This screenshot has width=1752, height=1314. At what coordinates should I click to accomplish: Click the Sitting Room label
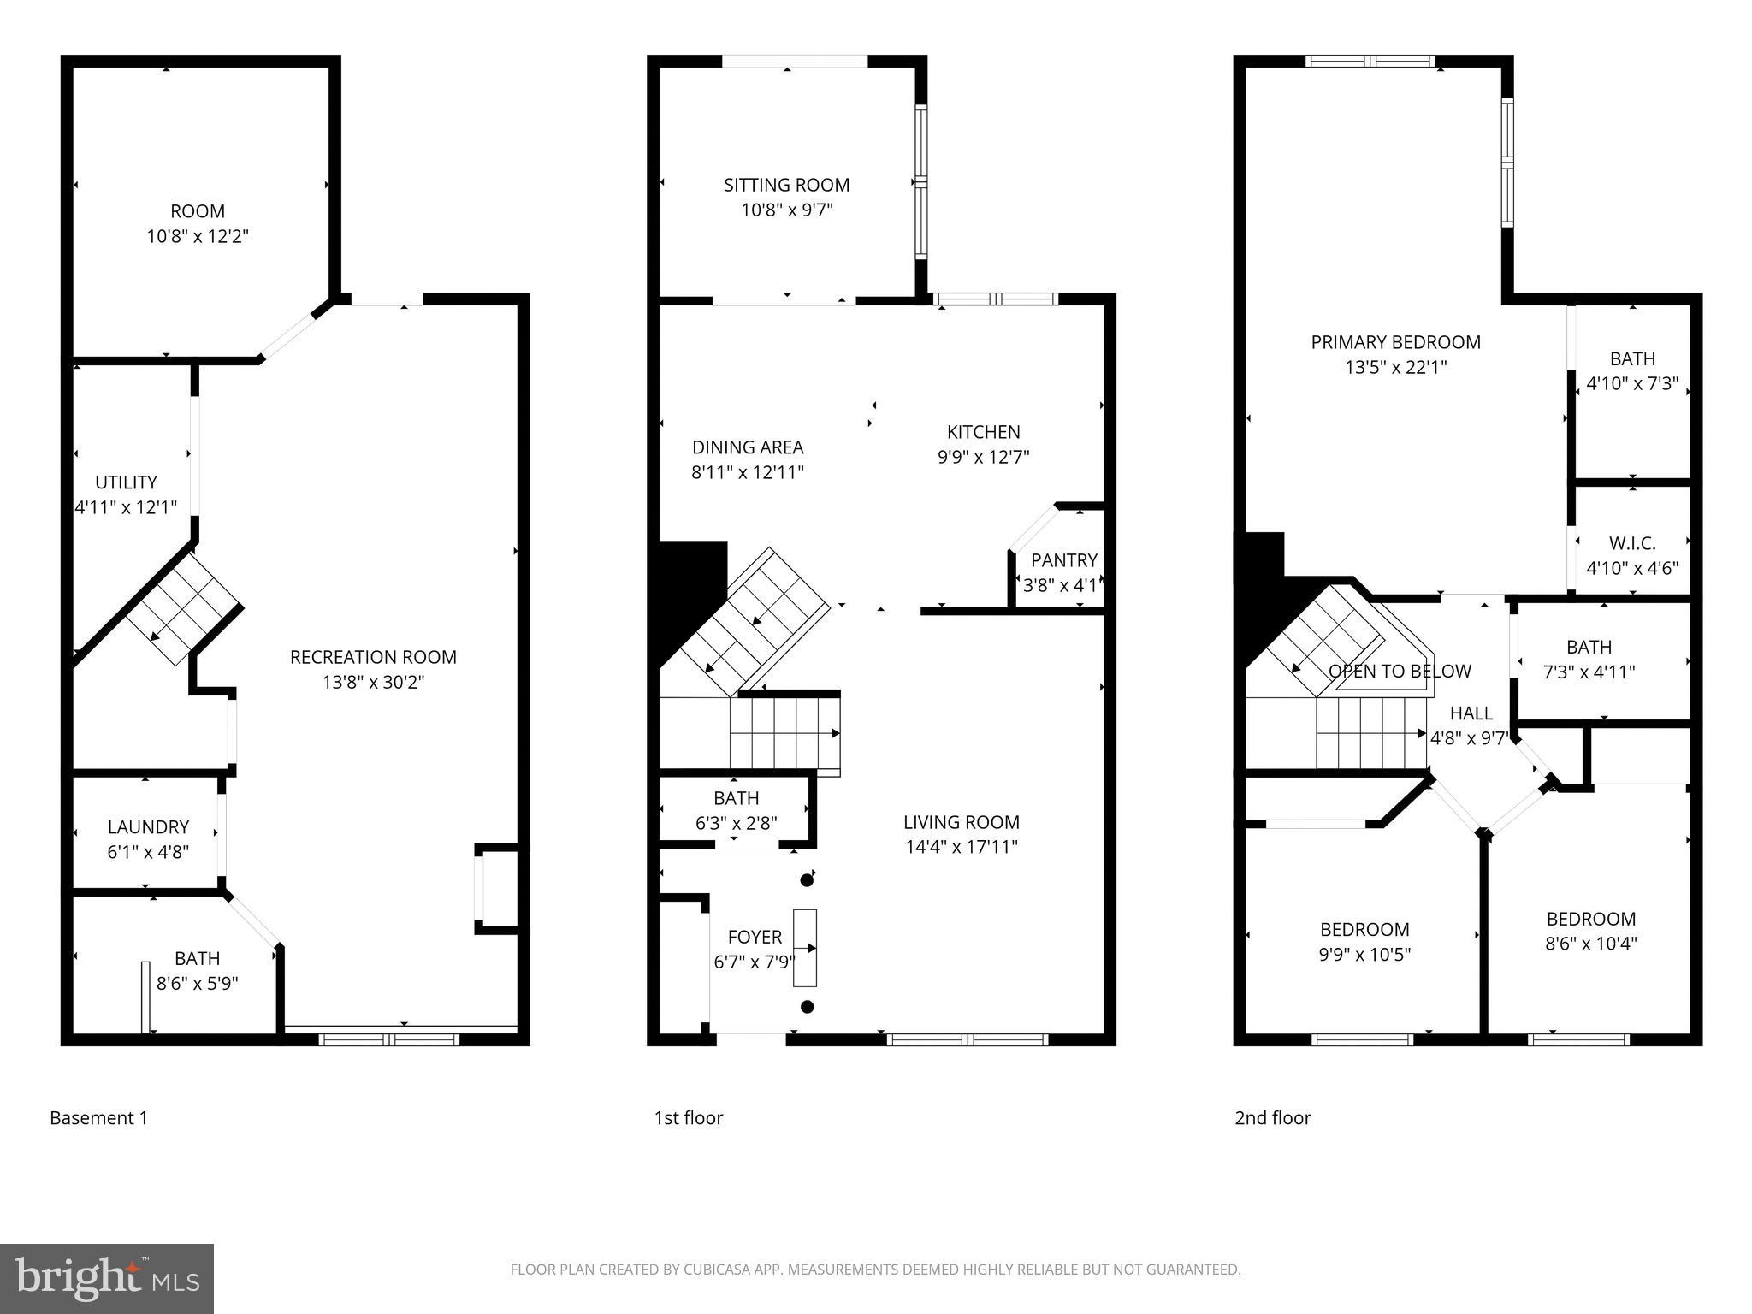[786, 185]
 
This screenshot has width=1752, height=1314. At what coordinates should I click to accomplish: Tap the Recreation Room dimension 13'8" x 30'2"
[373, 683]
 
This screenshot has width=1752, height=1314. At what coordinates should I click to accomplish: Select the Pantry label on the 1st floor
[1063, 560]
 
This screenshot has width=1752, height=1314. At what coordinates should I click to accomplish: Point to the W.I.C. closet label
[1631, 543]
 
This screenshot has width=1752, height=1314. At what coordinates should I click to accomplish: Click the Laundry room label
[148, 827]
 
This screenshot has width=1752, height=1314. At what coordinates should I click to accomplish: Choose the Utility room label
[126, 482]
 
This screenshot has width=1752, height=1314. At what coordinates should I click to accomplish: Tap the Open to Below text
[1400, 672]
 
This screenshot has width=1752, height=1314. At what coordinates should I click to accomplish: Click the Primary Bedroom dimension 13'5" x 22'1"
[1395, 368]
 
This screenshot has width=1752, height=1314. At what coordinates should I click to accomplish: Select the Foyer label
[754, 937]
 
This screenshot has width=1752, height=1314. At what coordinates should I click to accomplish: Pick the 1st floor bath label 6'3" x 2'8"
[736, 824]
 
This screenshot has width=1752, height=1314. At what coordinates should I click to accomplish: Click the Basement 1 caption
[98, 1118]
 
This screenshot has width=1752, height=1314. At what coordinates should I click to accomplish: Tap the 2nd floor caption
[1272, 1118]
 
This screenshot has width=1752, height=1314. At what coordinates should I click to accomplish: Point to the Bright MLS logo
[107, 1279]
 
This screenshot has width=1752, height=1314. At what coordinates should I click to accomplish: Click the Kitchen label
[983, 432]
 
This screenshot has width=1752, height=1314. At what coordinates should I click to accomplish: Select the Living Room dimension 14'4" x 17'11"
[961, 848]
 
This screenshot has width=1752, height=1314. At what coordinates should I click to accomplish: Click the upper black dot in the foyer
[806, 879]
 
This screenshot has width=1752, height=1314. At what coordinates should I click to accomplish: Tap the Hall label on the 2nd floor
[1471, 713]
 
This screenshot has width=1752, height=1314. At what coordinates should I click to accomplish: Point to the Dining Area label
[747, 447]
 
